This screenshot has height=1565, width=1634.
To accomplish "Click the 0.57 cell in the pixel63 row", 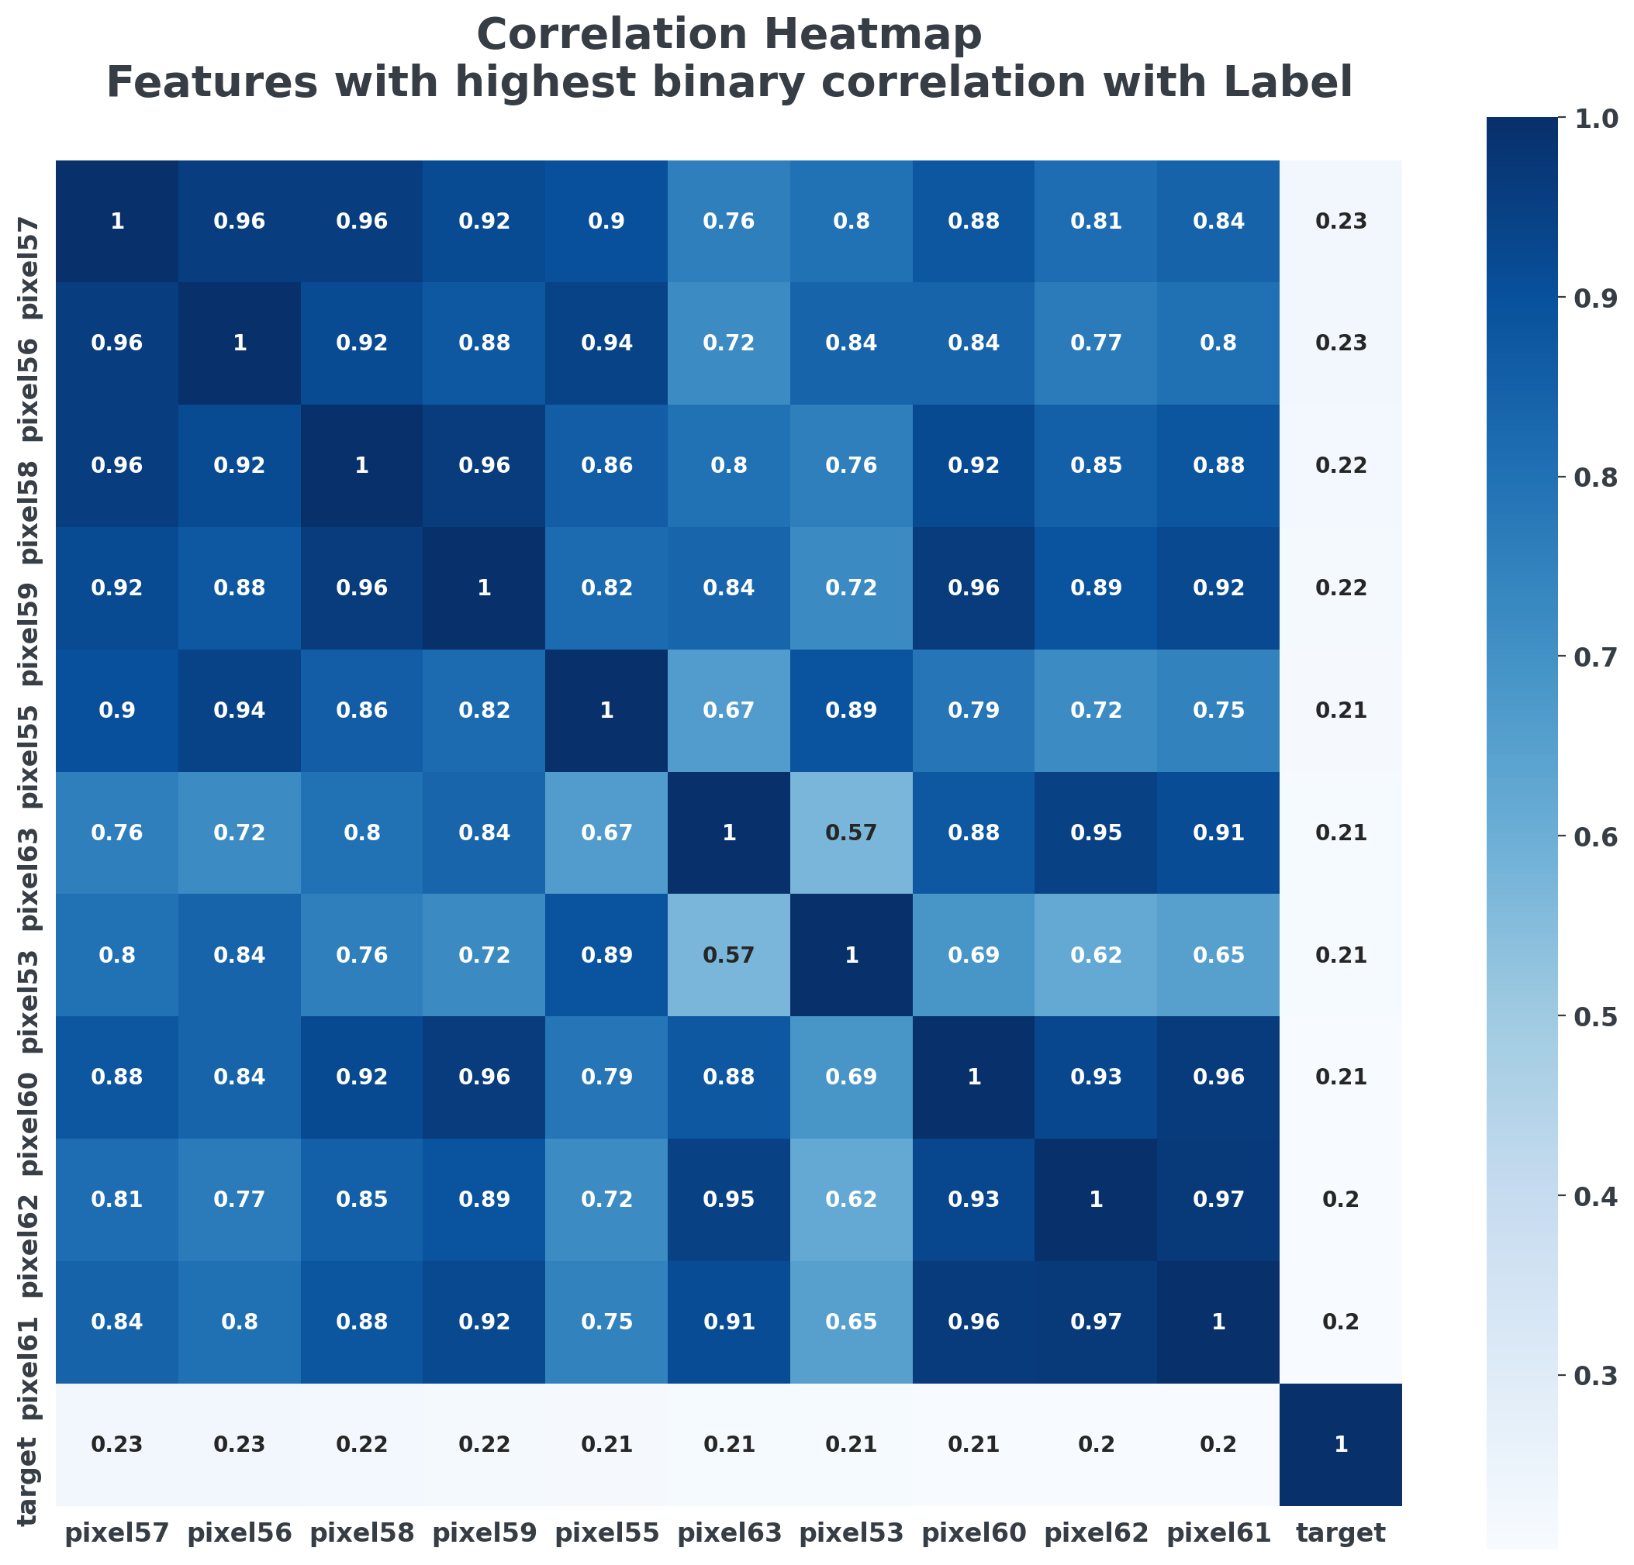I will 852,832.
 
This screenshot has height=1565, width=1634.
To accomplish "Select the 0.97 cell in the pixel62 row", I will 1218,1199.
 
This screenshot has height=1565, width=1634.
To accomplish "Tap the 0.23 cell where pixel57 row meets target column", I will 1341,222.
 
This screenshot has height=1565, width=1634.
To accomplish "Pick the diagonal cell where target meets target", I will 1341,1444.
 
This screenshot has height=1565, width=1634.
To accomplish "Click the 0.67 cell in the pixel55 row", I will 729,711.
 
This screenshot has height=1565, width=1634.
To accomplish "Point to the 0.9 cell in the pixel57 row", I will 606,222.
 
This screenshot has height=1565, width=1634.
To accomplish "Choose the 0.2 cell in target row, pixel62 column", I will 1096,1444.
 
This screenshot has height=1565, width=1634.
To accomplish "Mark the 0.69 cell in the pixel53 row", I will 974,955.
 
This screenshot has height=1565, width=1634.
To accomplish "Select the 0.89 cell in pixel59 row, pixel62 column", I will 1096,588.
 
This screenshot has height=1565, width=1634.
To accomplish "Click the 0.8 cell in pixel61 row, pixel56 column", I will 240,1322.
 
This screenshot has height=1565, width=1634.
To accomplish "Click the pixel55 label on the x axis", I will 606,1532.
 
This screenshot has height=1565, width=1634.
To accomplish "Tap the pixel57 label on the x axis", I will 116,1532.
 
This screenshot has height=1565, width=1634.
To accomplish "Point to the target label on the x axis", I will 1341,1532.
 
